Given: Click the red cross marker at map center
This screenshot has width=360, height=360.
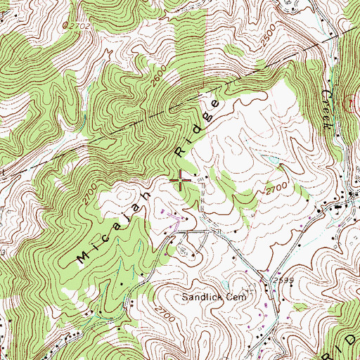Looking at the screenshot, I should (x=181, y=181).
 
